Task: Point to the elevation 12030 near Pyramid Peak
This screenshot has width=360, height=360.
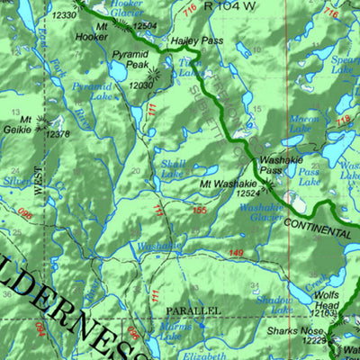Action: point(141,85)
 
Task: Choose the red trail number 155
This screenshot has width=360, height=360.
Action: point(199,210)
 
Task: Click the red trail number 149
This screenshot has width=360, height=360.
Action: point(235,253)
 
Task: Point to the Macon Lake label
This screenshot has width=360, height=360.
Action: point(304,123)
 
